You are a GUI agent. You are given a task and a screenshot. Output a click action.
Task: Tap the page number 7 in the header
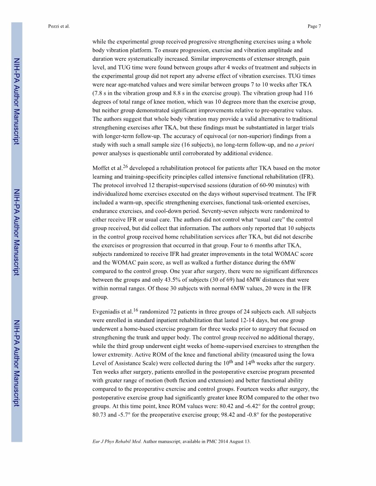(319, 26)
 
